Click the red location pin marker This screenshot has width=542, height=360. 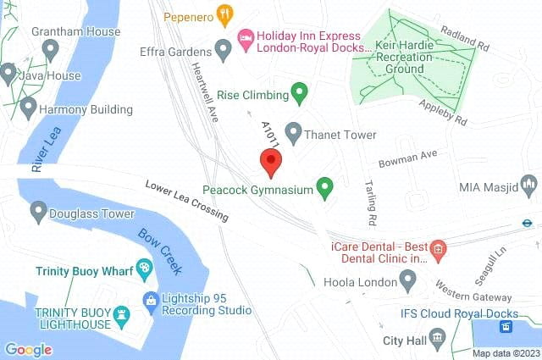pyautogui.click(x=270, y=161)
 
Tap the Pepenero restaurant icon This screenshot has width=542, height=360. pyautogui.click(x=224, y=13)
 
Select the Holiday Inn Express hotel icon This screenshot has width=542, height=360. pyautogui.click(x=246, y=36)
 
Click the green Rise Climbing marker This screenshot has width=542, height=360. pyautogui.click(x=298, y=91)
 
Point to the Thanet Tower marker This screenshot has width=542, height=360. pyautogui.click(x=293, y=131)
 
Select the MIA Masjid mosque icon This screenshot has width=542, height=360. pyautogui.click(x=530, y=183)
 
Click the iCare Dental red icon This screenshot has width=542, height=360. pyautogui.click(x=437, y=248)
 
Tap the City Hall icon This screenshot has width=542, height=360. pyautogui.click(x=437, y=340)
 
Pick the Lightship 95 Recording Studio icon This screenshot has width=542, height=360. pyautogui.click(x=151, y=299)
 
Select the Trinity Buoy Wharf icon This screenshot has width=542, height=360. pyautogui.click(x=144, y=269)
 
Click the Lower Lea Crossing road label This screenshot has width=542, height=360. pyautogui.click(x=186, y=201)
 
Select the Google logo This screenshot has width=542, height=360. pyautogui.click(x=28, y=349)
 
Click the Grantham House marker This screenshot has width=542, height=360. pyautogui.click(x=50, y=49)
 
